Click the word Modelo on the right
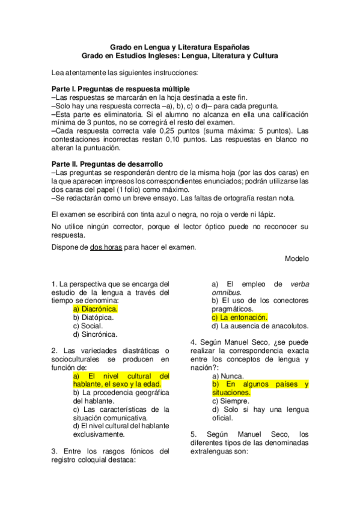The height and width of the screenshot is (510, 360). coord(297,258)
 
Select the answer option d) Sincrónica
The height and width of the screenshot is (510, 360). coord(95,334)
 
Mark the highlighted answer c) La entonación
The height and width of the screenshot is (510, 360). coord(239,317)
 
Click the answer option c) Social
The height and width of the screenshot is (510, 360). coord(88,325)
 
